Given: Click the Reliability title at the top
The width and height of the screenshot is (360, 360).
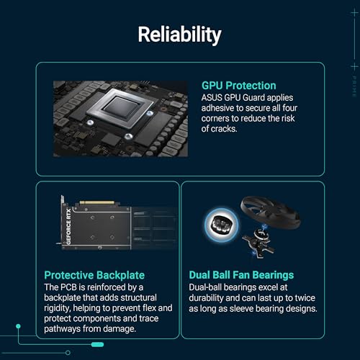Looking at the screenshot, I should (x=180, y=34).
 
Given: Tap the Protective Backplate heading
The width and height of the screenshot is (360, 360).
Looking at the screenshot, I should (x=93, y=274).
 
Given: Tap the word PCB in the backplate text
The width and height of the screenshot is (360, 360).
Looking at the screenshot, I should (x=73, y=286).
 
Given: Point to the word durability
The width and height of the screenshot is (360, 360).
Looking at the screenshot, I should (x=212, y=297).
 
